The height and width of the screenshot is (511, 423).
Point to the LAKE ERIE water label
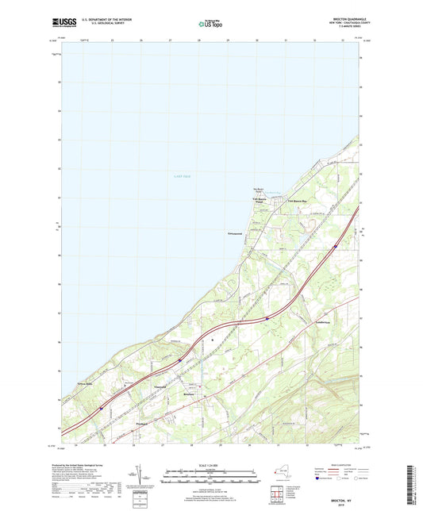click(x=183, y=175)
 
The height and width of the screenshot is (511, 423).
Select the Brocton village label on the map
click(x=189, y=394)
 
